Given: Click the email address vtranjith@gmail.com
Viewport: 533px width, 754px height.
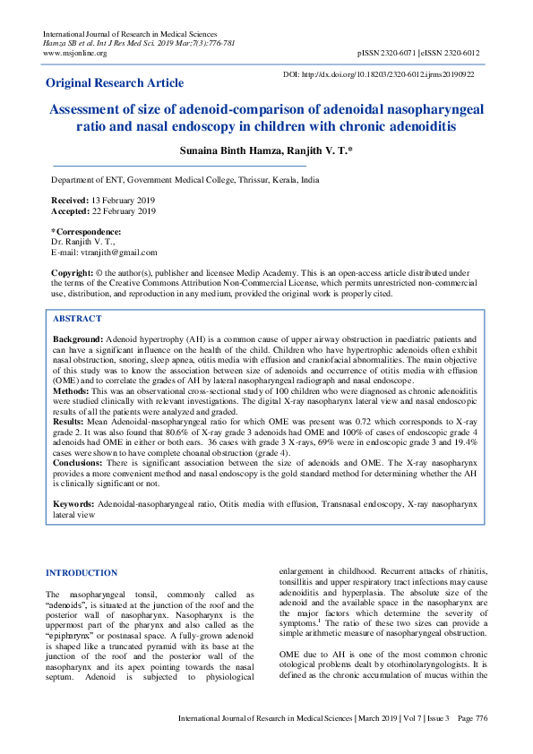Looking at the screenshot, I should click(113, 253).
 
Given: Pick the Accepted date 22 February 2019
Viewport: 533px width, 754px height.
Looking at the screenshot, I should click(123, 211).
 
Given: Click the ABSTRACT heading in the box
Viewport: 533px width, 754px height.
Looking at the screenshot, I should click(77, 319).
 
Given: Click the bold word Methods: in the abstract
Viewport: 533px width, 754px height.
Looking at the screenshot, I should click(73, 392).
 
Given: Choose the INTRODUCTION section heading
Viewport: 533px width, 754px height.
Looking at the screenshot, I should click(82, 572).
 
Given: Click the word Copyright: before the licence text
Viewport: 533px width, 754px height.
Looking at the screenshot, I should click(73, 272).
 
